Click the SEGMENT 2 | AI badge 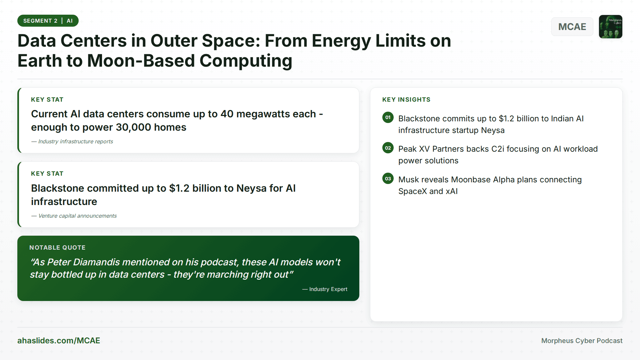(x=48, y=21)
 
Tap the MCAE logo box (x=572, y=27)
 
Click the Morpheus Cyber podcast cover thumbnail (x=610, y=27)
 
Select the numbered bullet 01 (x=388, y=117)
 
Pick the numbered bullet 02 (x=388, y=148)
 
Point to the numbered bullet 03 (x=388, y=179)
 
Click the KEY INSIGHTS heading (x=406, y=100)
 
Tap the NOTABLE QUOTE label (x=57, y=248)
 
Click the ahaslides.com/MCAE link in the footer (x=59, y=341)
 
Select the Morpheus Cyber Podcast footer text (x=582, y=341)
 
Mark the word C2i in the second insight (x=498, y=149)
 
